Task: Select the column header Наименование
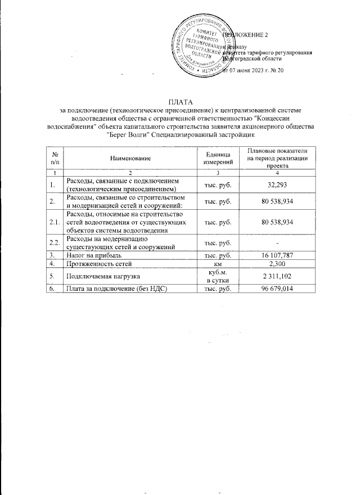[131, 159]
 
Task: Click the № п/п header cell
[55, 159]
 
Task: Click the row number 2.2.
[55, 242]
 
